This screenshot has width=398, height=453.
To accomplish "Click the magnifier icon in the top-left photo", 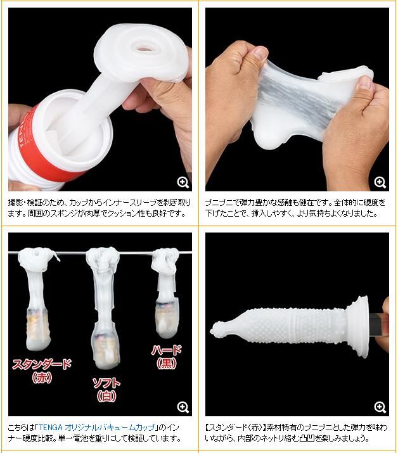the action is click(x=183, y=182).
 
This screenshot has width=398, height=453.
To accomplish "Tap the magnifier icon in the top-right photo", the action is click(x=380, y=182).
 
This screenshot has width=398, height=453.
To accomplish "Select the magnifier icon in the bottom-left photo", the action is click(x=183, y=407).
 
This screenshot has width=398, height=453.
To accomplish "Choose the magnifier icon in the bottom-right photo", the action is click(x=380, y=407).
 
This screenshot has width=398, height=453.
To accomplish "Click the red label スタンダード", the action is click(x=41, y=364).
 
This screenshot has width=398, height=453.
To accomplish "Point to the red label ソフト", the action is click(x=106, y=383).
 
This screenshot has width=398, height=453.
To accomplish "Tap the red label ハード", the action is click(x=167, y=350).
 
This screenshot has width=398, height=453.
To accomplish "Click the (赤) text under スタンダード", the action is click(x=42, y=378).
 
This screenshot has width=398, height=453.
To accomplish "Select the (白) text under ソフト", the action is click(x=106, y=396).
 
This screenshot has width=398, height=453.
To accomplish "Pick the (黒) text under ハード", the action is click(x=167, y=363).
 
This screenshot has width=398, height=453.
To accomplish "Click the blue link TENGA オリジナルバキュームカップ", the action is click(x=96, y=427).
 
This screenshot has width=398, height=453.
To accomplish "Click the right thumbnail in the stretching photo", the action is click(x=365, y=83).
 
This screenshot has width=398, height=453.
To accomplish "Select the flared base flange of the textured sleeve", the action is click(x=359, y=327).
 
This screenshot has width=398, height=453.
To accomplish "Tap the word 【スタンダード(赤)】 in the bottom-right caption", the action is click(x=235, y=427).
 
